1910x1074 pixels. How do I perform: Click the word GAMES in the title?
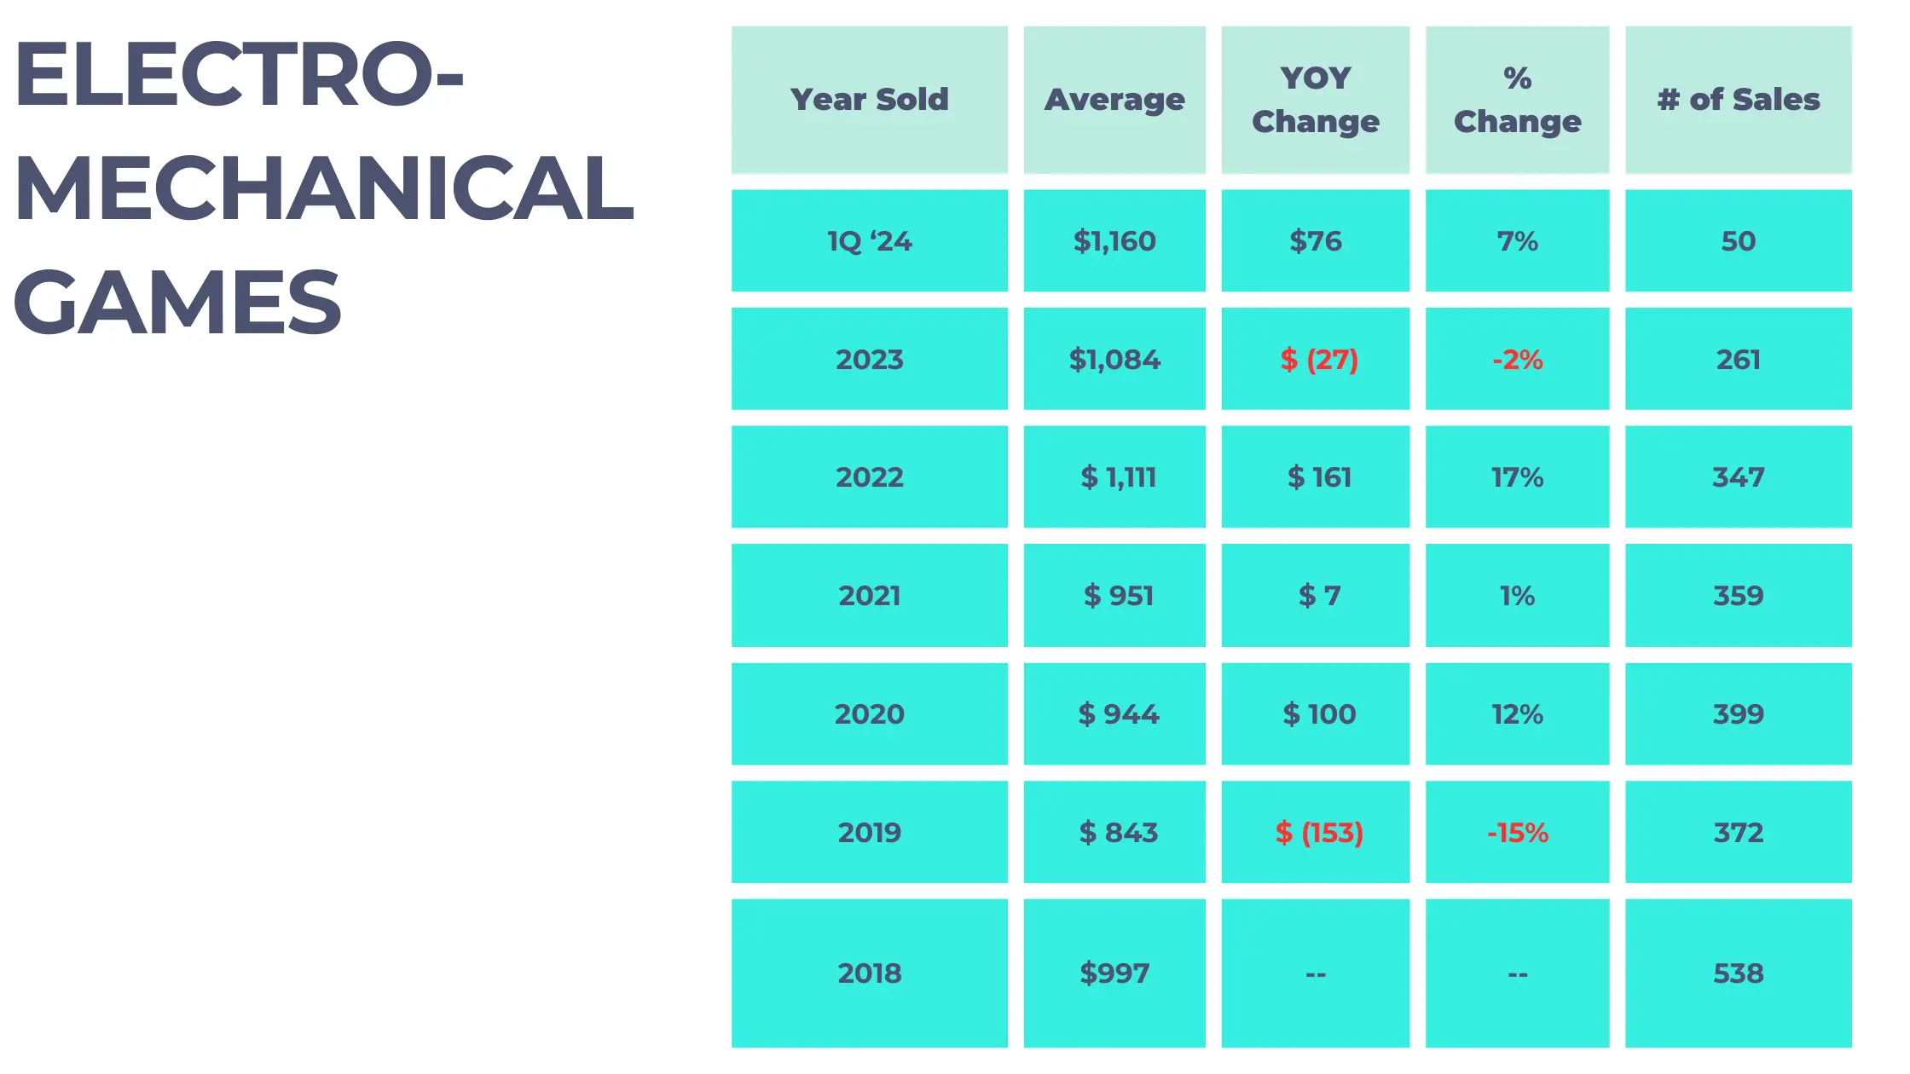pyautogui.click(x=177, y=302)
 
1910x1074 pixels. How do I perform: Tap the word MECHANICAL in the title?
pyautogui.click(x=324, y=188)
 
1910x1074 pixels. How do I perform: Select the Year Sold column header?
pyautogui.click(x=869, y=100)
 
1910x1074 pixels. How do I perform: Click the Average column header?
pyautogui.click(x=1114, y=100)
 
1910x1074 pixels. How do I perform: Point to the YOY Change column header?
pyautogui.click(x=1315, y=100)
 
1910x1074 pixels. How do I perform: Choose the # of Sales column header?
pyautogui.click(x=1738, y=100)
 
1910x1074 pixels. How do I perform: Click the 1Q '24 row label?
pyautogui.click(x=869, y=241)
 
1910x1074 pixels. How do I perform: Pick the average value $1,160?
pyautogui.click(x=1114, y=241)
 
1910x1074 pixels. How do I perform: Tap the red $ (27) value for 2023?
pyautogui.click(x=1318, y=360)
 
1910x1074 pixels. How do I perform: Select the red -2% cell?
pyautogui.click(x=1517, y=360)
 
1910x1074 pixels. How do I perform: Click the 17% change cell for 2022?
pyautogui.click(x=1517, y=477)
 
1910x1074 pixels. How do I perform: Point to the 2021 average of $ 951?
pyautogui.click(x=1118, y=596)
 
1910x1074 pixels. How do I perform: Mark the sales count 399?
pyautogui.click(x=1738, y=713)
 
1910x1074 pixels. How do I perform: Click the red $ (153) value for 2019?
pyautogui.click(x=1318, y=832)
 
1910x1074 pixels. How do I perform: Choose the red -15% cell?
pyautogui.click(x=1517, y=832)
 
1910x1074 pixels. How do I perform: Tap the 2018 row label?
pyautogui.click(x=869, y=973)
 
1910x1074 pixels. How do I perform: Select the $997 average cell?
pyautogui.click(x=1114, y=973)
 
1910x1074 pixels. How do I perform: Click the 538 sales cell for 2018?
pyautogui.click(x=1738, y=973)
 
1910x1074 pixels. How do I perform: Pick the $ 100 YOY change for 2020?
pyautogui.click(x=1318, y=713)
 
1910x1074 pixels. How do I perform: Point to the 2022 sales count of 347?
pyautogui.click(x=1738, y=477)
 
